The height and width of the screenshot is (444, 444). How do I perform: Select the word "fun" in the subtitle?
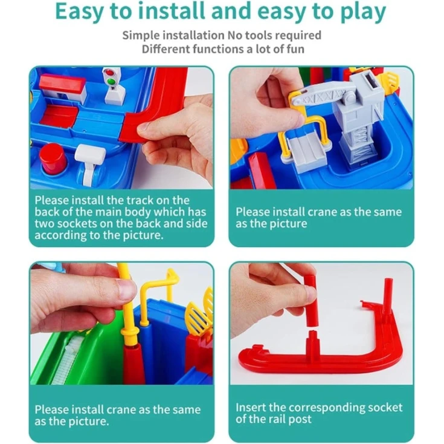click(295, 49)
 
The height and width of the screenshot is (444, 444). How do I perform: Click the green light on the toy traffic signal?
click(112, 82)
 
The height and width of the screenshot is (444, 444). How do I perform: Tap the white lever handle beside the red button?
click(90, 161)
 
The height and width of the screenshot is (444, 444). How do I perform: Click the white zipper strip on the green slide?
click(66, 359)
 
